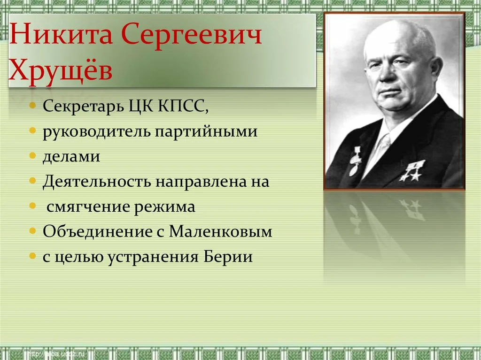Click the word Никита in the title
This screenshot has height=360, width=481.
pos(61,34)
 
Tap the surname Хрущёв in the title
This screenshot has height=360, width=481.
pos(61,69)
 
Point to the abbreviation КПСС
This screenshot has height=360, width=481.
pos(184,107)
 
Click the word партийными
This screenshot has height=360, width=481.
pos(206,132)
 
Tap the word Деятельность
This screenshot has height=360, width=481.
pos(97,182)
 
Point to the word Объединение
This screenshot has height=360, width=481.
pos(98,231)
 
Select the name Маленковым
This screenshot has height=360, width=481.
pos(221,231)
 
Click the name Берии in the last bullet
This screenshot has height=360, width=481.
pos(228,256)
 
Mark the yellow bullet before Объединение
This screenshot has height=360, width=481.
pos(32,230)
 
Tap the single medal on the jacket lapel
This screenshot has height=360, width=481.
pos(356,161)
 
